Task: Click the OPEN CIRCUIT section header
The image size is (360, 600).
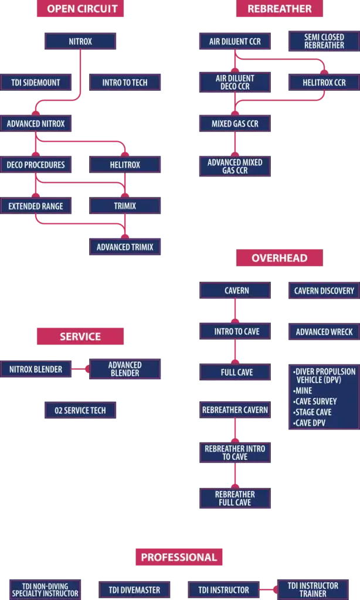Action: [82, 9]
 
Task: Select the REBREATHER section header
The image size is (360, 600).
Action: [279, 9]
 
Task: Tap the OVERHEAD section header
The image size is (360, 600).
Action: [279, 258]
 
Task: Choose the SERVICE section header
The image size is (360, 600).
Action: [80, 336]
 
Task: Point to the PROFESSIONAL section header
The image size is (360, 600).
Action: [179, 557]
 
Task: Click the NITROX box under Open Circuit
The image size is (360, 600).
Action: [80, 42]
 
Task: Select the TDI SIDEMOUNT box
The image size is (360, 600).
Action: [35, 83]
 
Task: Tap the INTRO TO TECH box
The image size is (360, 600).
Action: [125, 83]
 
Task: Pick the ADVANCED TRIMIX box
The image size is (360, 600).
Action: [125, 247]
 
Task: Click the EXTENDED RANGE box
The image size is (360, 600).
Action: [35, 206]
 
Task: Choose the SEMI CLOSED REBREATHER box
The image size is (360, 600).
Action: [324, 41]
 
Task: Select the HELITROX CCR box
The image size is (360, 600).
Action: [324, 83]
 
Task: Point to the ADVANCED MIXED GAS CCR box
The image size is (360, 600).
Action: [235, 166]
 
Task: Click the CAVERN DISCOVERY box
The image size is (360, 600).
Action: [324, 291]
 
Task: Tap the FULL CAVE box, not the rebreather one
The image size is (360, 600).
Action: [235, 372]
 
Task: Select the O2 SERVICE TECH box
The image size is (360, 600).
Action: [80, 410]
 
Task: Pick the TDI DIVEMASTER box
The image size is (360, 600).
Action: [134, 590]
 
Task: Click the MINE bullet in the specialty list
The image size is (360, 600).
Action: [304, 391]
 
